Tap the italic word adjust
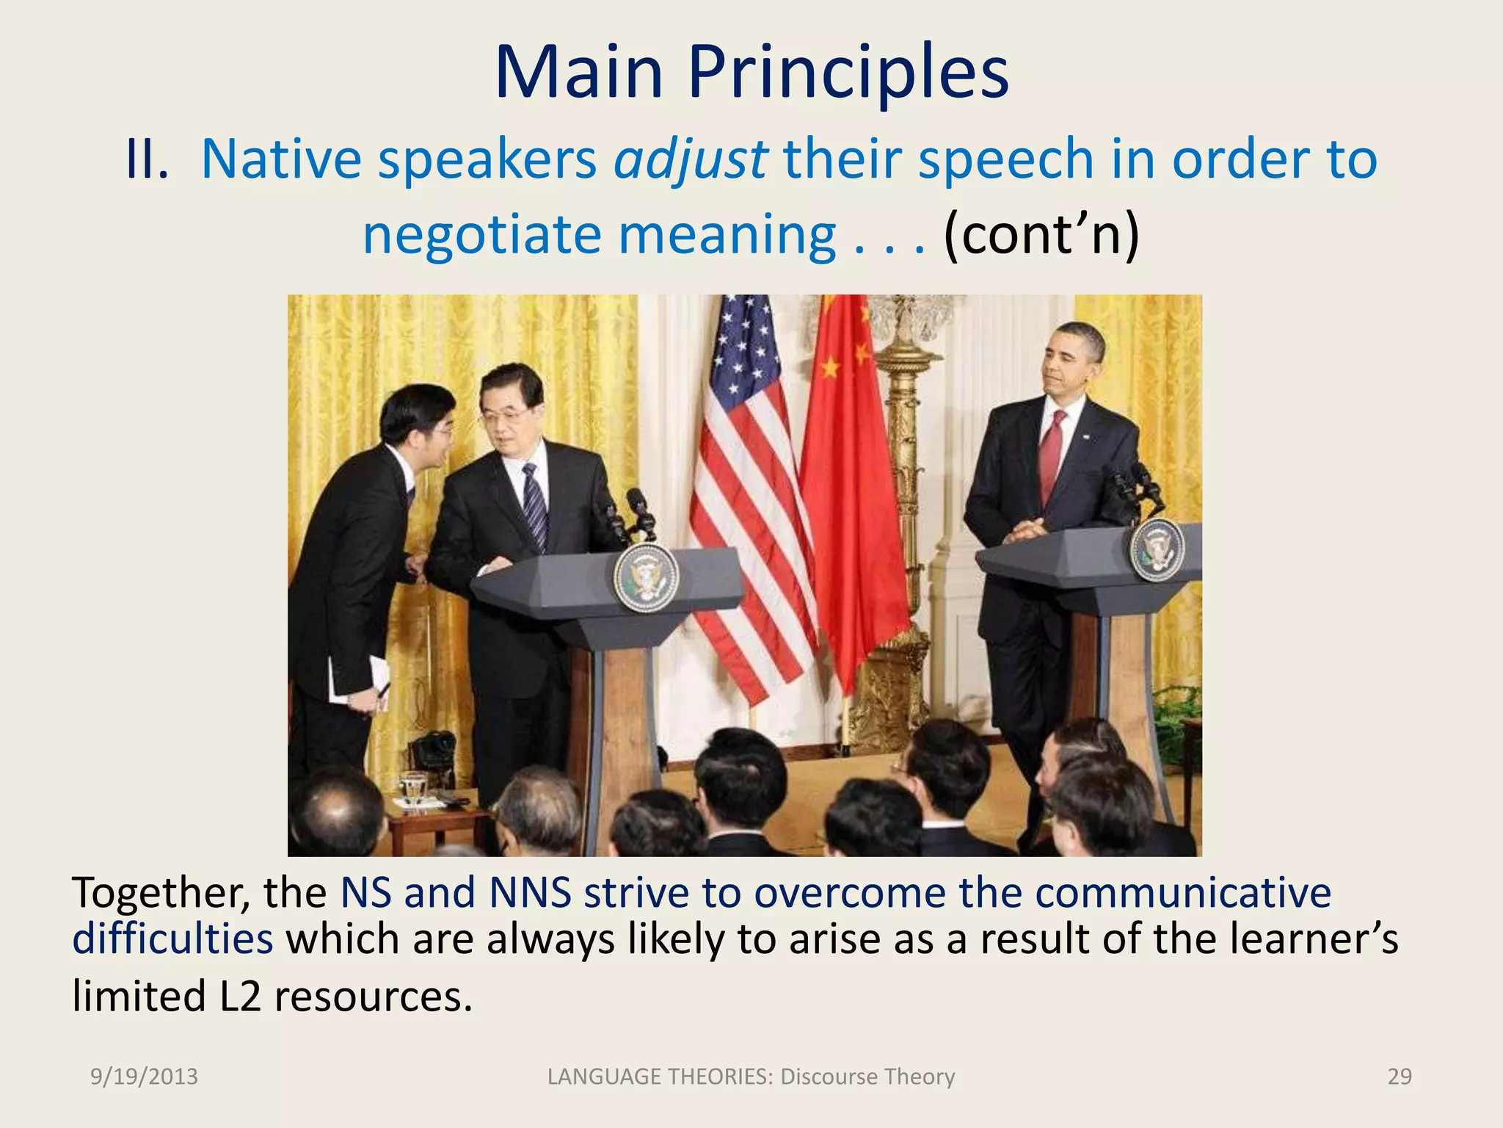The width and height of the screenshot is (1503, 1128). [x=691, y=159]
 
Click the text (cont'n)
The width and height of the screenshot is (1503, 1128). [x=1041, y=235]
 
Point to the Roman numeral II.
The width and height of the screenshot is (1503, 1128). [x=147, y=159]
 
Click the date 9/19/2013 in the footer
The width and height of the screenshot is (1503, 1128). [x=144, y=1077]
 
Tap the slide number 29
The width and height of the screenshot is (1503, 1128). [x=1400, y=1077]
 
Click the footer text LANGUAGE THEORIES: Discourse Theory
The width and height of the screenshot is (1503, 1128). [x=751, y=1077]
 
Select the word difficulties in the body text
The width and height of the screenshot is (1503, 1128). [x=172, y=939]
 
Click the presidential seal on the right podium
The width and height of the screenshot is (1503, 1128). [x=1157, y=549]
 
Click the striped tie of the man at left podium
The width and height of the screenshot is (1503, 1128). [x=535, y=507]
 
